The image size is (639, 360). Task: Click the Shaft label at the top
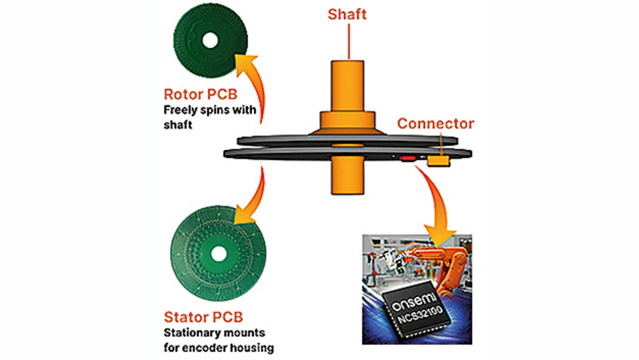pyautogui.click(x=347, y=14)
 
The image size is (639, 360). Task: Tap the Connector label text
pyautogui.click(x=436, y=123)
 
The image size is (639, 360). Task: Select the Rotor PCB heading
pyautogui.click(x=201, y=94)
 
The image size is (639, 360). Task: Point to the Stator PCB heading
pyautogui.click(x=203, y=317)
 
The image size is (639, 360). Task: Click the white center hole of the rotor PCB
pyautogui.click(x=210, y=40)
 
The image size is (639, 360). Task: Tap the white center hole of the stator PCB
pyautogui.click(x=219, y=253)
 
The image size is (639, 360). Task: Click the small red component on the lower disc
pyautogui.click(x=408, y=158)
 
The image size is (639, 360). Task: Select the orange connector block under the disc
pyautogui.click(x=438, y=161)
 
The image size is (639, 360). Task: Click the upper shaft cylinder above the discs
pyautogui.click(x=347, y=86)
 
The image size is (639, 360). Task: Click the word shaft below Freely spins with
pyautogui.click(x=178, y=125)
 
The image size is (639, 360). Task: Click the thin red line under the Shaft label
pyautogui.click(x=348, y=41)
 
